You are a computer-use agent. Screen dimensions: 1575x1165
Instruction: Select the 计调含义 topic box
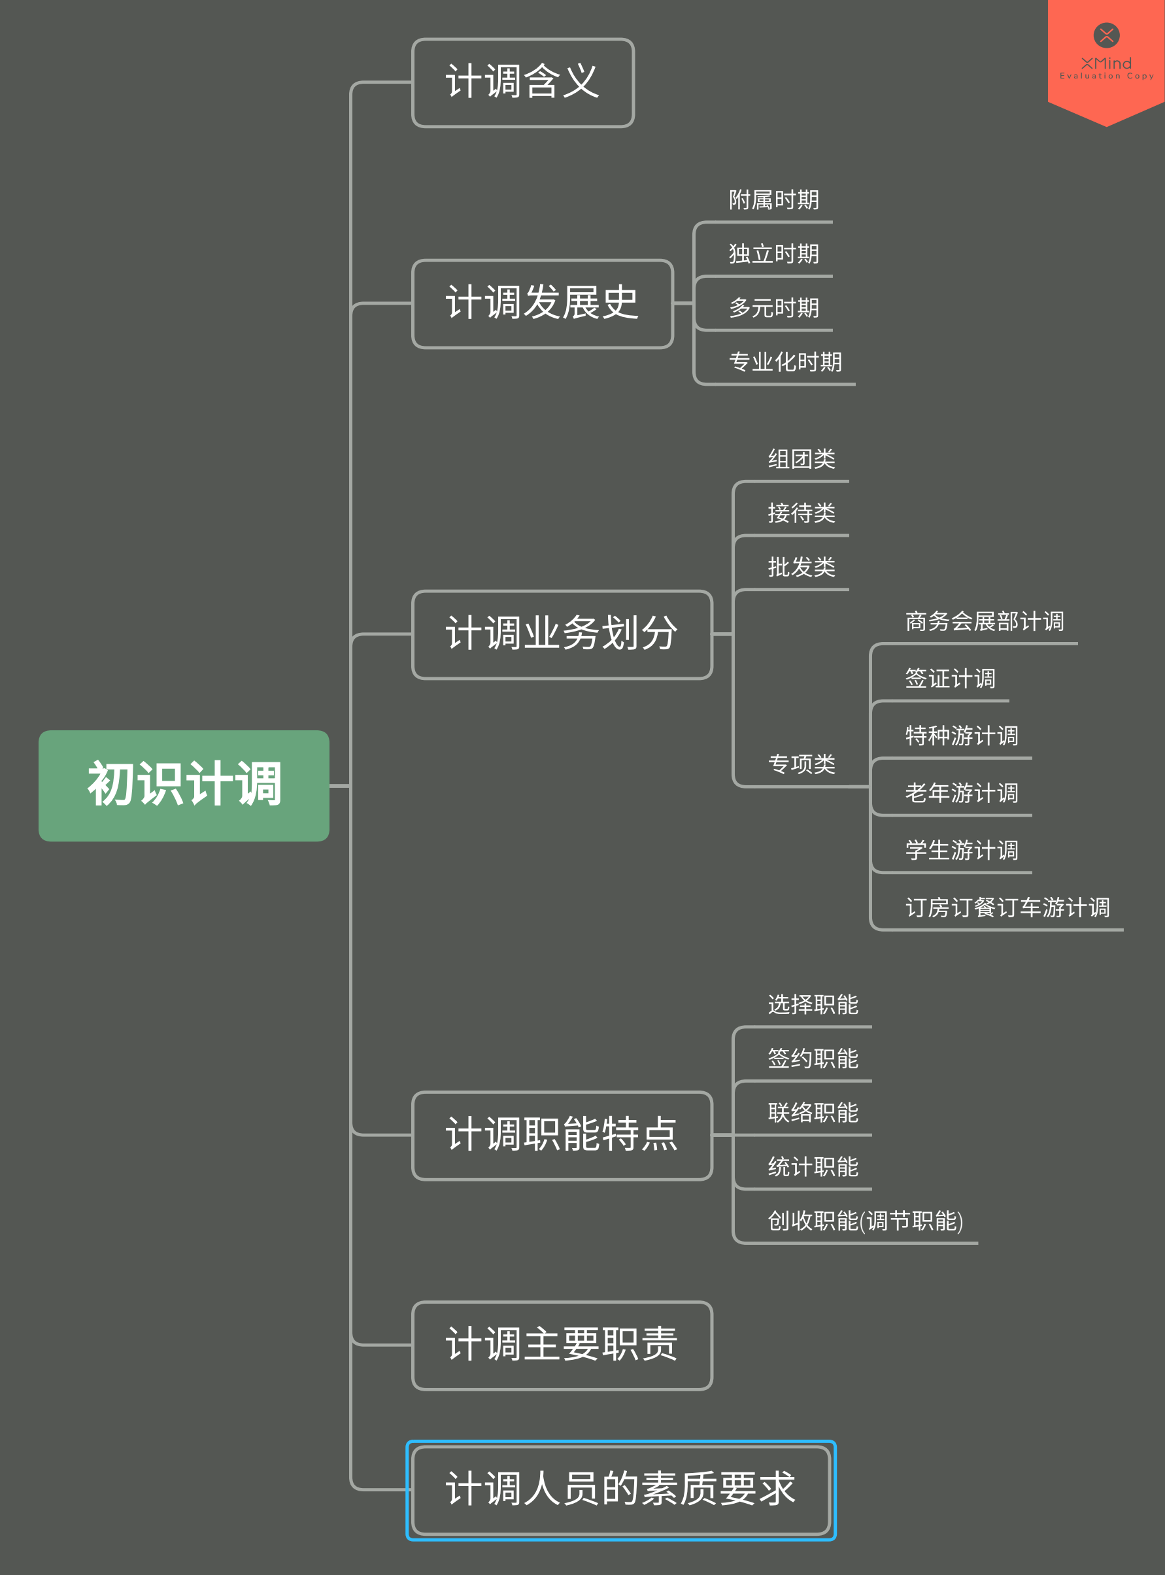[522, 82]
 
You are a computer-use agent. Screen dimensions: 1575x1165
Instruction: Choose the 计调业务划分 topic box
[562, 634]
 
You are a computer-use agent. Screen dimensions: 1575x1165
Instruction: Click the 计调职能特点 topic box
[562, 1135]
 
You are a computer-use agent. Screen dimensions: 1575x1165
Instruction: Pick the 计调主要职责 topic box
[562, 1345]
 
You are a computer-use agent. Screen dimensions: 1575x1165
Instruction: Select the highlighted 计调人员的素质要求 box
[620, 1489]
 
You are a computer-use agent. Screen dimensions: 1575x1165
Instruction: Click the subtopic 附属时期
[773, 200]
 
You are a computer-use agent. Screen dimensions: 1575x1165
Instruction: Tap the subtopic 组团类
[801, 460]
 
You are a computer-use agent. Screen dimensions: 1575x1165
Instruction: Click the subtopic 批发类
[801, 567]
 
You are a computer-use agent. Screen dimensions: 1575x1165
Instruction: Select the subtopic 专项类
[801, 764]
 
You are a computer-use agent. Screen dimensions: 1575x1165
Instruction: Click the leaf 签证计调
[950, 679]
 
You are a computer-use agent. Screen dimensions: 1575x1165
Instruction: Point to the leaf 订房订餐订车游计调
[1007, 907]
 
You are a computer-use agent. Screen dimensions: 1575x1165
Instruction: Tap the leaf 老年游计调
[961, 794]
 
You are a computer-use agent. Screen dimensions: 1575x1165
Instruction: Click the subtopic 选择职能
[813, 1005]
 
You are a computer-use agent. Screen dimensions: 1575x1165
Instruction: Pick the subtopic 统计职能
[813, 1167]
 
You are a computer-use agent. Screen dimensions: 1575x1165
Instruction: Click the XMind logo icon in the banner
[1106, 35]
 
